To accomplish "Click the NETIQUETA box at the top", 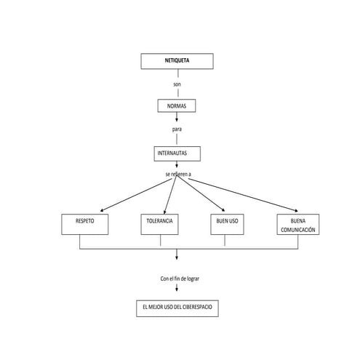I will [x=177, y=61].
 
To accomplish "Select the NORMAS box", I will [x=177, y=106].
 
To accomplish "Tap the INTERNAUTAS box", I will [x=177, y=153].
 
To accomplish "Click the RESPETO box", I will [x=85, y=225].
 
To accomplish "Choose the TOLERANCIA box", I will [x=160, y=225].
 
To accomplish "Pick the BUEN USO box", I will [x=227, y=225].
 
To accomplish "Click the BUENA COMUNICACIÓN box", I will [x=298, y=225].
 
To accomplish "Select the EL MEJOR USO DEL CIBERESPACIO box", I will [x=177, y=308].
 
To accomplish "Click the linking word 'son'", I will [x=177, y=85].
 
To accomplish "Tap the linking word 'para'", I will [x=177, y=130].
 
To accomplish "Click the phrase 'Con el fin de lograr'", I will [x=177, y=279].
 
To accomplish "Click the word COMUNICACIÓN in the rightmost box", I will [x=298, y=230].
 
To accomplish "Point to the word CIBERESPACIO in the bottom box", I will [x=196, y=308].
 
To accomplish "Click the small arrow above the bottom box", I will [x=177, y=291].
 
